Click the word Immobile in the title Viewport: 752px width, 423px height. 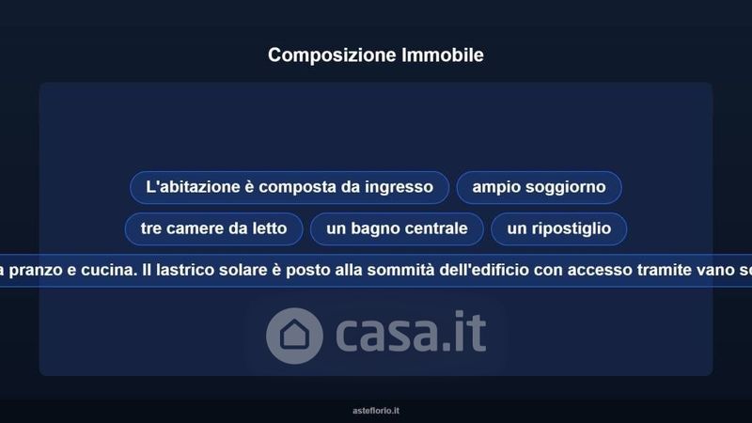[443, 55]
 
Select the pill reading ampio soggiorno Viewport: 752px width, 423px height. [539, 187]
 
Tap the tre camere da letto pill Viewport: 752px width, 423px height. [214, 228]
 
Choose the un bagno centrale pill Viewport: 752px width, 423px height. [397, 228]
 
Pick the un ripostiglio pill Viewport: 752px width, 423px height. [558, 228]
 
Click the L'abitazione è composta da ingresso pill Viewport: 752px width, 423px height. [290, 187]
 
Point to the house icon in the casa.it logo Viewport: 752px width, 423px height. [294, 336]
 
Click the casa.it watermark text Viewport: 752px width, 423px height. [411, 332]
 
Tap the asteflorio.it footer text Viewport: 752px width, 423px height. [376, 411]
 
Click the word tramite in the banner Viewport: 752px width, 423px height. [666, 270]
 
